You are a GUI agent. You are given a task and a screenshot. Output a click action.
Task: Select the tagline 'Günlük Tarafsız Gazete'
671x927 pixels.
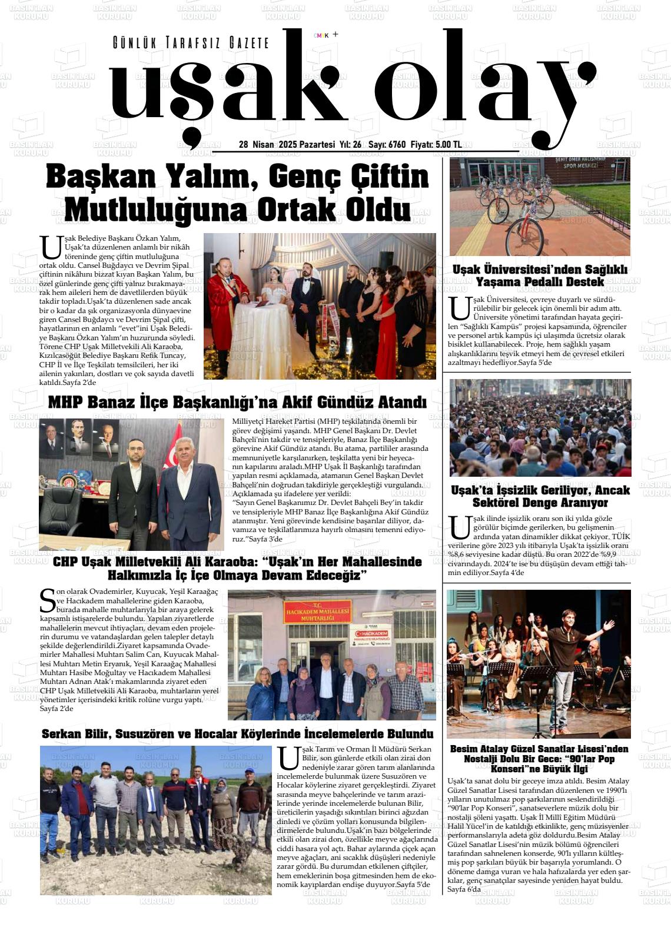191,43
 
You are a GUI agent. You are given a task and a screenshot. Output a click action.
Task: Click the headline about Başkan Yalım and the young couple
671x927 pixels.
237,193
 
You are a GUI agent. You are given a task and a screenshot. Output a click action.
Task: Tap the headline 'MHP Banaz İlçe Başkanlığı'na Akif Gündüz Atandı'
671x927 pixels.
237,403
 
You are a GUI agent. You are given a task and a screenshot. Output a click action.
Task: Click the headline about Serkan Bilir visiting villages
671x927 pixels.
237,734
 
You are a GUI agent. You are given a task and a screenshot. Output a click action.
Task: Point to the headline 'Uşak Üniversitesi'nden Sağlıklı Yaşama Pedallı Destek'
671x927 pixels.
540,275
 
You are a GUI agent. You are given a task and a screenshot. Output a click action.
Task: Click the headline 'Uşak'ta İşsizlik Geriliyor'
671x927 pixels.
540,496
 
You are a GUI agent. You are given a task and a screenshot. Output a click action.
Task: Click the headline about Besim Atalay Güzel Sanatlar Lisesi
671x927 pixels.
539,759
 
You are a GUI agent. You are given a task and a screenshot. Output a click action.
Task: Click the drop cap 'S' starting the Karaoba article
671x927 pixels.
48,600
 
